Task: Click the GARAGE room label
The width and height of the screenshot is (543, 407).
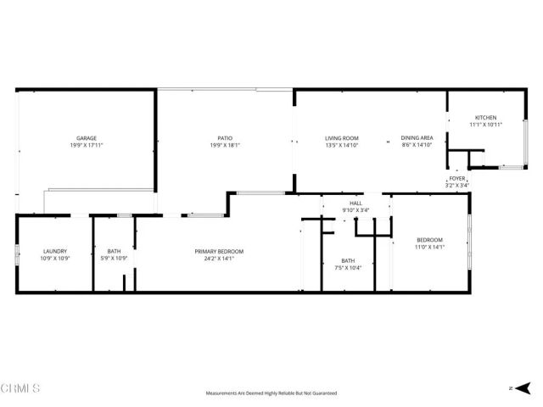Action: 86,138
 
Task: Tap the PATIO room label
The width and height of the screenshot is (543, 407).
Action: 224,138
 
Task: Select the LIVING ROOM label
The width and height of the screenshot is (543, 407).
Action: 342,138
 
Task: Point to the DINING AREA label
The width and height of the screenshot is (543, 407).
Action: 417,138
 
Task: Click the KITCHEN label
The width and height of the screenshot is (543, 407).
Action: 485,118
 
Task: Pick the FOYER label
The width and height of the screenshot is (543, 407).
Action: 457,178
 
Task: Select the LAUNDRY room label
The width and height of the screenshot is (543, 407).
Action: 55,251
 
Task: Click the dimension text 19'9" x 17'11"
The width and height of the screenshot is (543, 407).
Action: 86,145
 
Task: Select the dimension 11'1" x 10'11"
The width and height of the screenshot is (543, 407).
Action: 485,125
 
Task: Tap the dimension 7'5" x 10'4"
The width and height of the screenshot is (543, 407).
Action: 348,268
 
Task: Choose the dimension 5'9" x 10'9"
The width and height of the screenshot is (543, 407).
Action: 114,258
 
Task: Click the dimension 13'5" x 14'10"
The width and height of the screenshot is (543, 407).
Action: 342,145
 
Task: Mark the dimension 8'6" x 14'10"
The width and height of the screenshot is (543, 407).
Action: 417,145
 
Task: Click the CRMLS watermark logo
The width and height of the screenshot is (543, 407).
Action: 20,388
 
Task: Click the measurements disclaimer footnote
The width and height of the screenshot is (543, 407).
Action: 271,393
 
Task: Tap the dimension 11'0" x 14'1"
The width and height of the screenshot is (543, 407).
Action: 429,247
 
